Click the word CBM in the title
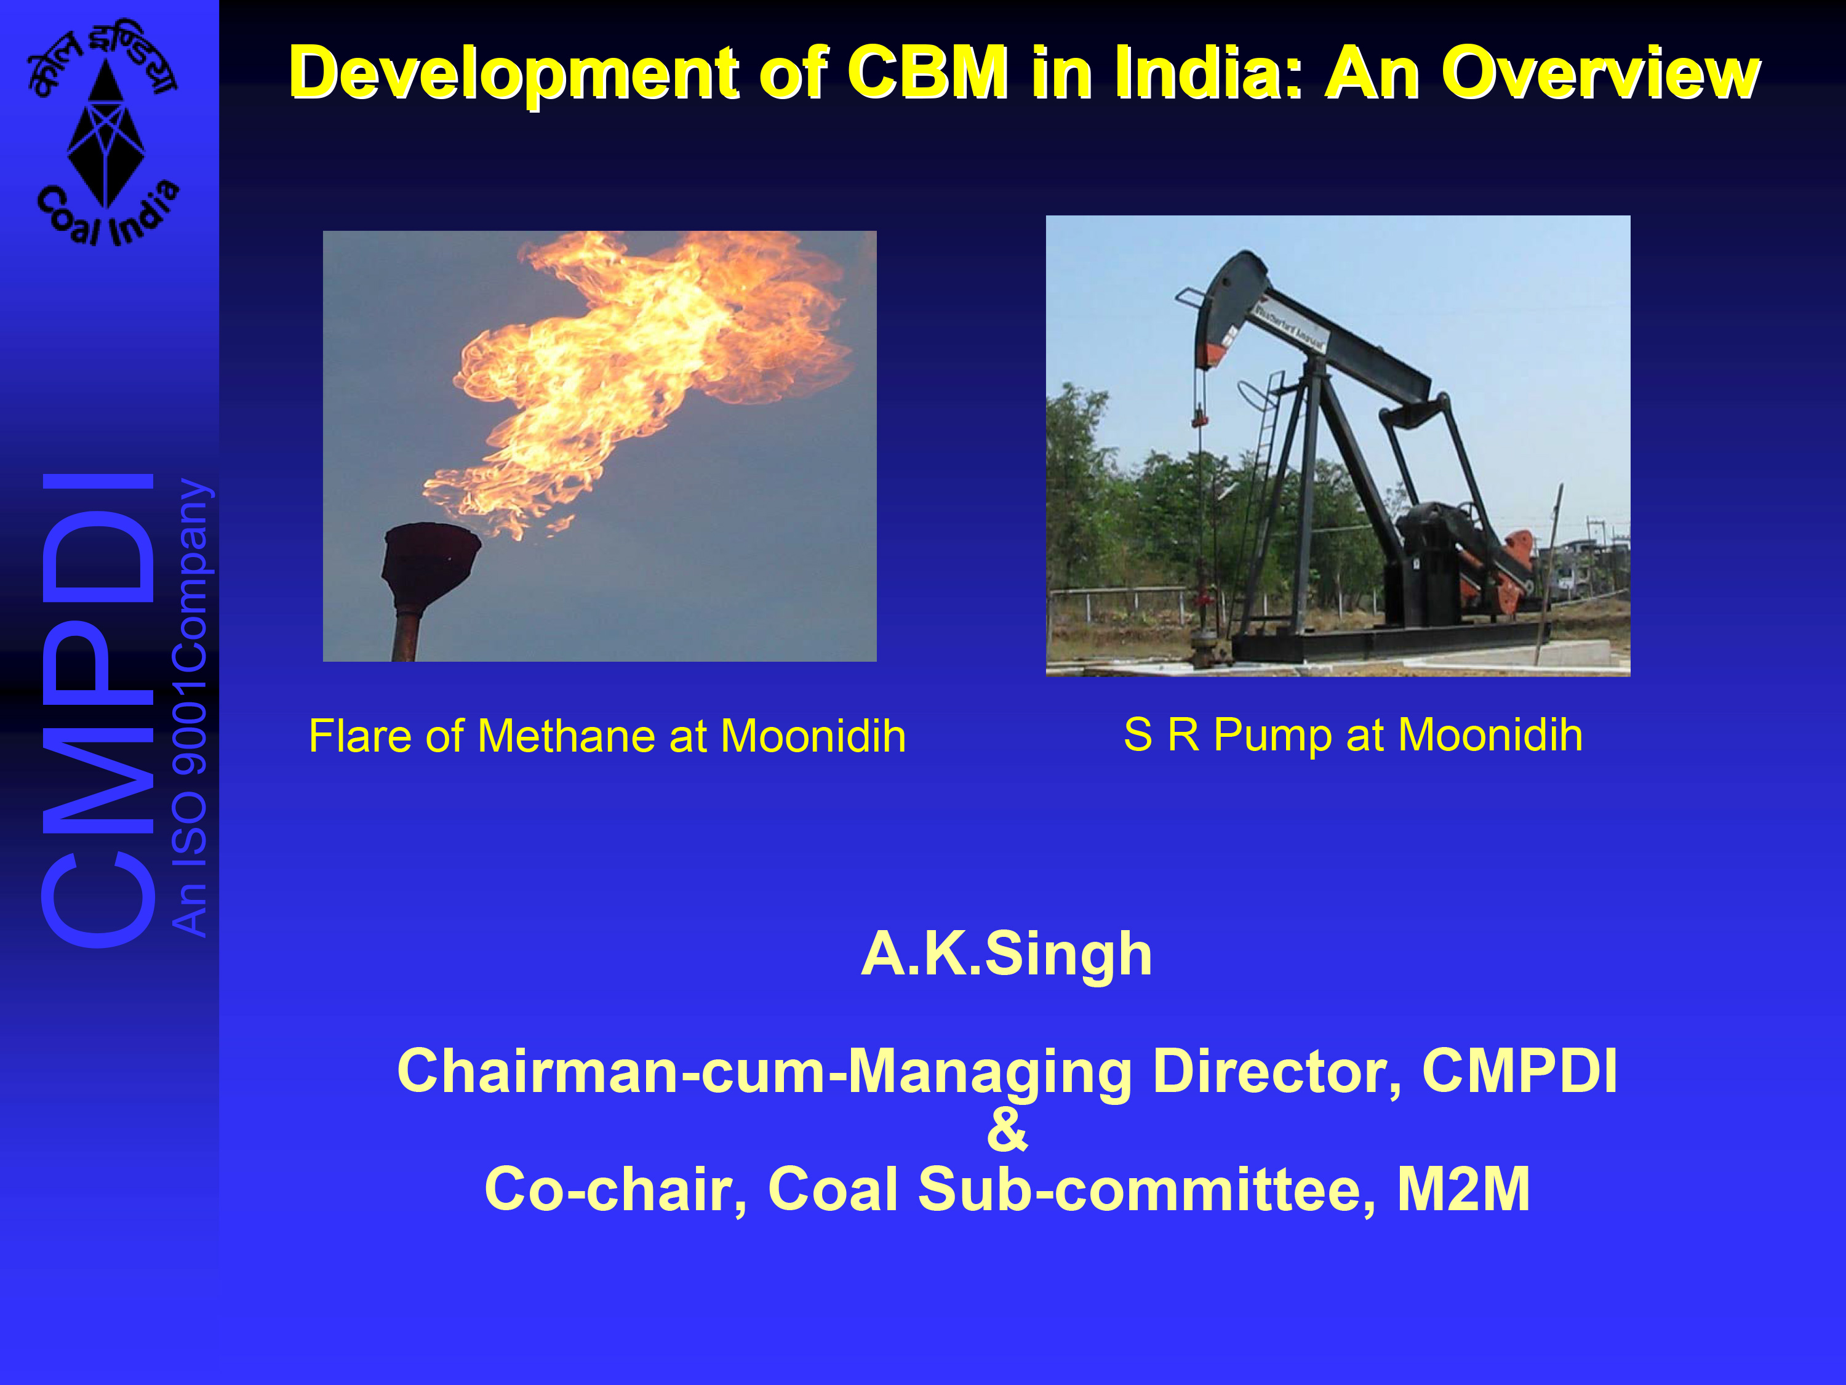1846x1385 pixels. pyautogui.click(x=928, y=73)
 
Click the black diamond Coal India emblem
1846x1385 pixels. pyautogui.click(x=105, y=134)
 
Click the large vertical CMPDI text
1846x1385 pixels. pyautogui.click(x=98, y=710)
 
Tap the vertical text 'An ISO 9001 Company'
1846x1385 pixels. pyautogui.click(x=190, y=707)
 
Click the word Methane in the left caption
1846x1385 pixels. pyautogui.click(x=567, y=736)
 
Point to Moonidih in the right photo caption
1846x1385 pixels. pyautogui.click(x=1490, y=734)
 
